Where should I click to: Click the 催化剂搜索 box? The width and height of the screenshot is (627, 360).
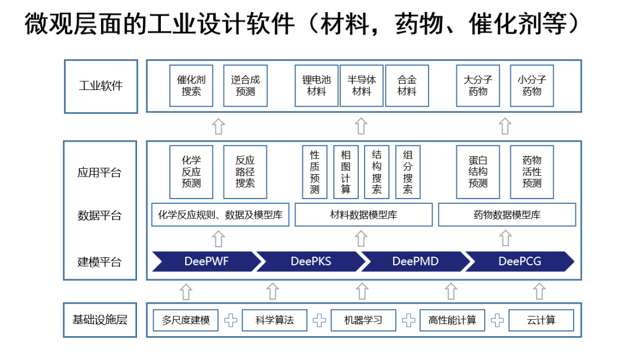tap(191, 86)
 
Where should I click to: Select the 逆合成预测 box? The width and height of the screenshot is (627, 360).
tap(245, 86)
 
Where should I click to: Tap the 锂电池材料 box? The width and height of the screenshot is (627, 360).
tap(316, 86)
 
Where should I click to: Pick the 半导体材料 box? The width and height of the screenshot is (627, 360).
tap(362, 86)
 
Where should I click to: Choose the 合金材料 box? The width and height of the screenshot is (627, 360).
tap(407, 86)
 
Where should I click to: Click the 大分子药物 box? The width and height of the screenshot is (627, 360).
tap(478, 86)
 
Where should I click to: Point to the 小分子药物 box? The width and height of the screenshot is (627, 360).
tap(532, 86)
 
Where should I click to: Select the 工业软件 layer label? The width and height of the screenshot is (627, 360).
tap(100, 86)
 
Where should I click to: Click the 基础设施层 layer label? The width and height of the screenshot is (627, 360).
tap(100, 320)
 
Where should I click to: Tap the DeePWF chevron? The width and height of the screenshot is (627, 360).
tap(206, 261)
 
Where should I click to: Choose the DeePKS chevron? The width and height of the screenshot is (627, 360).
tap(311, 261)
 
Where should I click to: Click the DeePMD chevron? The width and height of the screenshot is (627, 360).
tap(415, 261)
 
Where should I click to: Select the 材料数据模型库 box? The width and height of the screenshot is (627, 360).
tap(363, 215)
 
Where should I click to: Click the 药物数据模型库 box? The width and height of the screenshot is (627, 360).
tap(507, 215)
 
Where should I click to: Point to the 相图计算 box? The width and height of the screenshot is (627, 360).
tap(346, 172)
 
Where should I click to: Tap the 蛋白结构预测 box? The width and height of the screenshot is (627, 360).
tap(478, 172)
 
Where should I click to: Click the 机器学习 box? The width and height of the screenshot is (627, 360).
tap(363, 320)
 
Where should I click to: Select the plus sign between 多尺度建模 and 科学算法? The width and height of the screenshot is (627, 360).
tap(230, 320)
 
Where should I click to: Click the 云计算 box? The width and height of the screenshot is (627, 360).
tap(541, 320)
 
